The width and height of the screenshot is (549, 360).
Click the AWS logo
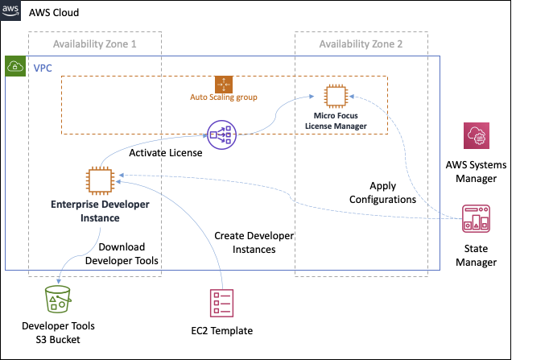(x=10, y=10)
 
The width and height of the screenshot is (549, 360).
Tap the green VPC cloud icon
(x=15, y=66)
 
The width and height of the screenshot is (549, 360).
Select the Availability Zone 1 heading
(x=94, y=43)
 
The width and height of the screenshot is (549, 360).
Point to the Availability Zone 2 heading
(x=361, y=43)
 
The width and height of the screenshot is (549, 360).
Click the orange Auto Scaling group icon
(x=224, y=84)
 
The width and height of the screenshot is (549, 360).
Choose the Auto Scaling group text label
(x=223, y=97)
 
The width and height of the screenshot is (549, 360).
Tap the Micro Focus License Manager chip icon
(x=336, y=96)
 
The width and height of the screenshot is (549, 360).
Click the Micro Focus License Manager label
(x=339, y=122)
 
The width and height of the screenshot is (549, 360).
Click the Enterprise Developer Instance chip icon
(x=99, y=180)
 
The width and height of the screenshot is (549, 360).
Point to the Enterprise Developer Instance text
(x=99, y=211)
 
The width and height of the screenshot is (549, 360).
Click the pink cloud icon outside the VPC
(x=476, y=136)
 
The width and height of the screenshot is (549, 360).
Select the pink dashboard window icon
(x=476, y=219)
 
